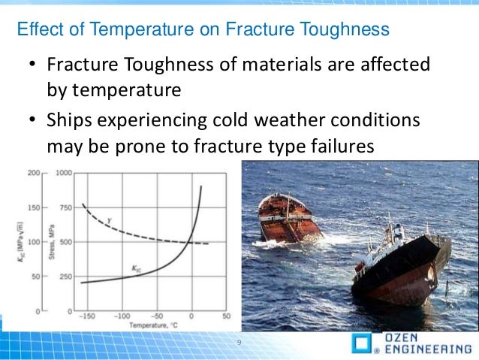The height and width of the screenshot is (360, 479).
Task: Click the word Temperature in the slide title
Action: (x=142, y=29)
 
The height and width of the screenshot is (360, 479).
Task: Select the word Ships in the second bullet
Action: (x=69, y=120)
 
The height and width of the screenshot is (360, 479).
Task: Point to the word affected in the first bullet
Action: (x=395, y=64)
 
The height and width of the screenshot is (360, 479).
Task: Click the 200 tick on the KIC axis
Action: (x=34, y=173)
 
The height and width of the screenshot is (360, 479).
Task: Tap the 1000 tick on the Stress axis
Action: (x=64, y=173)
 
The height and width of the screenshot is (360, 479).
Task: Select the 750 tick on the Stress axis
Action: (x=65, y=207)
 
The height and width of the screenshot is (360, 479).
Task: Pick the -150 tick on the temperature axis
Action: (x=87, y=316)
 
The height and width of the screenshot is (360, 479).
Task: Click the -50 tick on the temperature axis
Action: (x=157, y=316)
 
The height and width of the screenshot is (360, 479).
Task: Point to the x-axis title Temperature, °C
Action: (x=153, y=325)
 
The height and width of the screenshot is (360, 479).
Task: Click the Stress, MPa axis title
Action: (x=52, y=242)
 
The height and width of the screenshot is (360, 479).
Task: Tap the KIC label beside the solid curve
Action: (x=136, y=269)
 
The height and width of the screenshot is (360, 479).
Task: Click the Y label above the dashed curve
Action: (x=110, y=220)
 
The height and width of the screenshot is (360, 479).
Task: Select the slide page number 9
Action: (x=239, y=342)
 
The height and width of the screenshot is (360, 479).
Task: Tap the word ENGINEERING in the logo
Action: (x=428, y=349)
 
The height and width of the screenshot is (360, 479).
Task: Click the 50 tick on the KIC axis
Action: (x=36, y=277)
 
